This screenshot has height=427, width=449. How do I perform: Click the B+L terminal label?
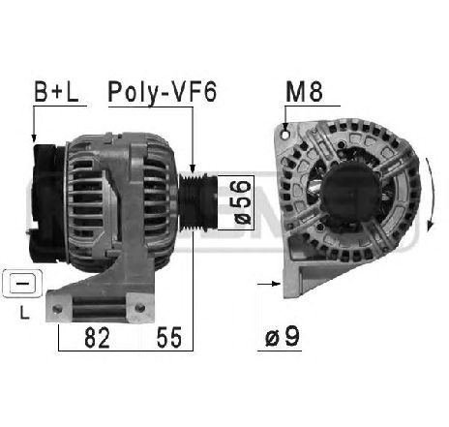(56, 92)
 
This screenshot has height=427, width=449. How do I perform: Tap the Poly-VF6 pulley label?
(163, 93)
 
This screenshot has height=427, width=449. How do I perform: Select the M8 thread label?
(304, 92)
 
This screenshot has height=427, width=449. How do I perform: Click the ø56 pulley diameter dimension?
(243, 202)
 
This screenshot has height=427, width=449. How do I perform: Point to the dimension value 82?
(97, 338)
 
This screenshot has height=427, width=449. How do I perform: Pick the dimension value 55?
(169, 338)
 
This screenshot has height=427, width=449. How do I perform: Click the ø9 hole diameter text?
(283, 336)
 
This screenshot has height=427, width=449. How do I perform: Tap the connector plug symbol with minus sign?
(22, 284)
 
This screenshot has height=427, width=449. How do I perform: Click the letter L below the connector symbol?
(24, 313)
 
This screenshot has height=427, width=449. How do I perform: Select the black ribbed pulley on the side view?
(197, 202)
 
